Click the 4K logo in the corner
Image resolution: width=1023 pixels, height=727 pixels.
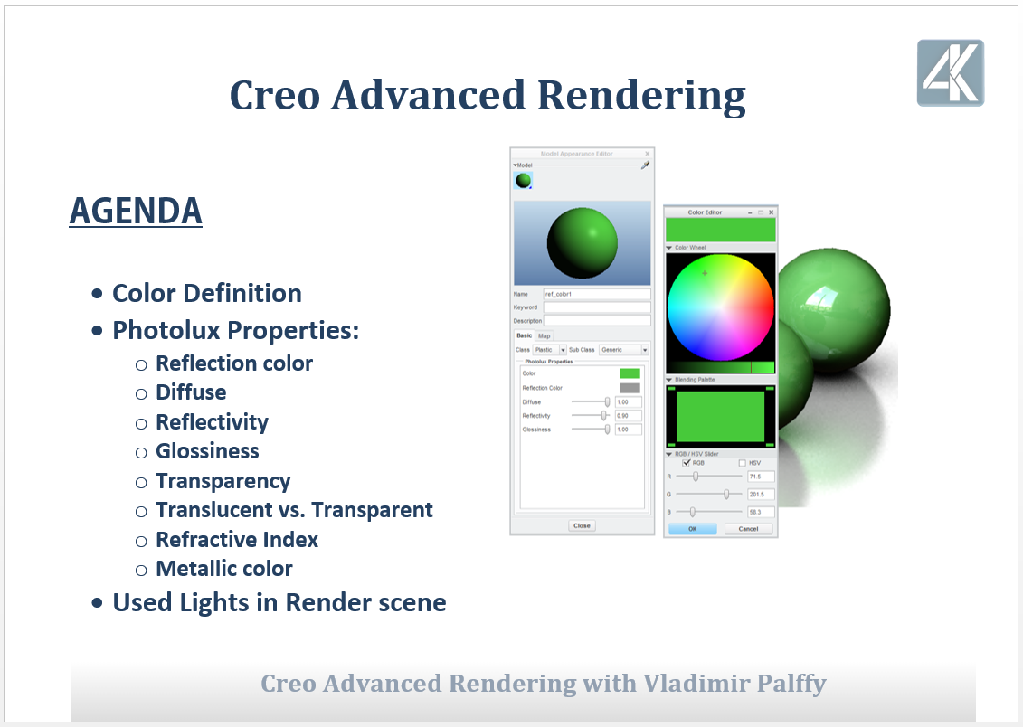point(950,73)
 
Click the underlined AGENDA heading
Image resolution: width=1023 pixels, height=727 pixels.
point(136,212)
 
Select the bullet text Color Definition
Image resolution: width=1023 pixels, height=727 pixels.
point(206,294)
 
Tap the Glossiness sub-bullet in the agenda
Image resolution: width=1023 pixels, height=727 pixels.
point(207,451)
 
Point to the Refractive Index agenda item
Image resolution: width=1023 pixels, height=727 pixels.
point(237,540)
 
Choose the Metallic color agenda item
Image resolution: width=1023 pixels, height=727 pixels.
point(224,569)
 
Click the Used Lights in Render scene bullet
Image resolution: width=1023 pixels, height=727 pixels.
point(279,602)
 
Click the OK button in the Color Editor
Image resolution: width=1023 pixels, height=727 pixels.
point(692,529)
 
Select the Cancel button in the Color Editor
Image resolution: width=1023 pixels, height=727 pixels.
point(748,529)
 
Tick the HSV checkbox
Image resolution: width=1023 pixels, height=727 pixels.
point(743,463)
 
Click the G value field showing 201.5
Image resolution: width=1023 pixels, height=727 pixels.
point(761,494)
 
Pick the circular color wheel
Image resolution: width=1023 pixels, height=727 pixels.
point(720,307)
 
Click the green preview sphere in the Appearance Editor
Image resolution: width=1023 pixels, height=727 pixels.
point(582,243)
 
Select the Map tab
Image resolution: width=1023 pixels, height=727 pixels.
point(545,335)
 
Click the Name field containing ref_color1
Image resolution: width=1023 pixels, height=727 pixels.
point(596,294)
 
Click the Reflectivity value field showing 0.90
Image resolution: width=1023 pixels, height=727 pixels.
point(628,416)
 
